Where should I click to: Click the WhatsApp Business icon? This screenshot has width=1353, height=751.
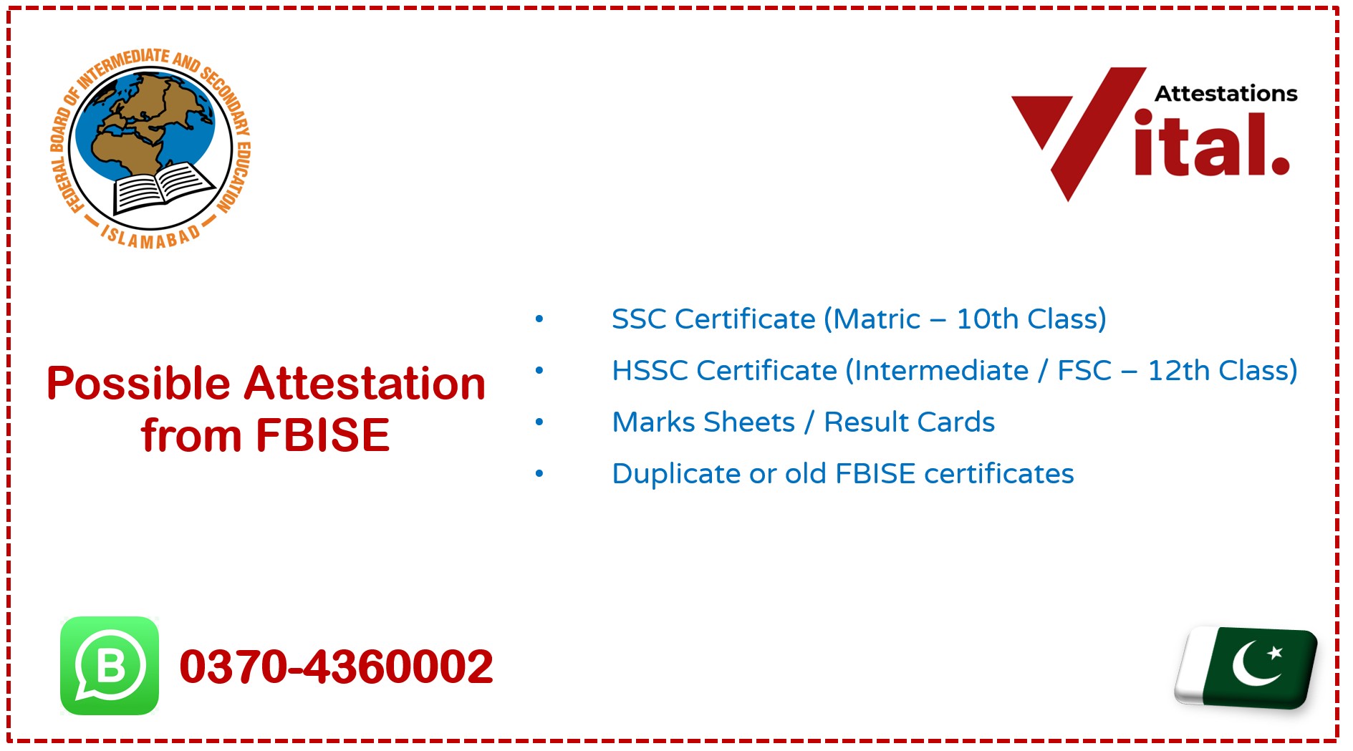pyautogui.click(x=110, y=666)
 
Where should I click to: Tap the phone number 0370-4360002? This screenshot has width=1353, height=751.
pyautogui.click(x=336, y=667)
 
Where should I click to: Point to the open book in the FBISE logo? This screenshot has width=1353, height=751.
pyautogui.click(x=163, y=187)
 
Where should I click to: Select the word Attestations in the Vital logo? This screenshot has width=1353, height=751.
pyautogui.click(x=1226, y=94)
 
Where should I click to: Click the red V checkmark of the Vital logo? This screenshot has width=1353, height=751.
pyautogui.click(x=1074, y=129)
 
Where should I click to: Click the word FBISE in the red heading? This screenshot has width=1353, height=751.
pyautogui.click(x=322, y=435)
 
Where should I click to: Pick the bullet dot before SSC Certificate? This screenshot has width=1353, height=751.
pyautogui.click(x=539, y=319)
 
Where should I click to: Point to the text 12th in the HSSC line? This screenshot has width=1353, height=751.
pyautogui.click(x=1179, y=371)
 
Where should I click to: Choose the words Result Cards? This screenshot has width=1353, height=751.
pyautogui.click(x=909, y=422)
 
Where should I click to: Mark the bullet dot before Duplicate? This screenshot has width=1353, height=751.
pyautogui.click(x=539, y=474)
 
